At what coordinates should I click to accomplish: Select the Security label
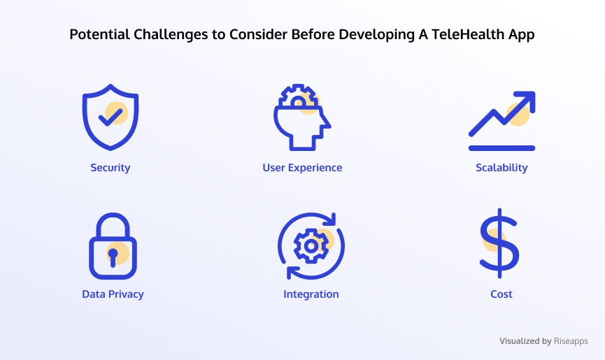111,168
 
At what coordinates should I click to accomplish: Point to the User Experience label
302,168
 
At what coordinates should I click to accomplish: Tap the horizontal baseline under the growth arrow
501,148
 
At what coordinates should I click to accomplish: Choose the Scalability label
501,168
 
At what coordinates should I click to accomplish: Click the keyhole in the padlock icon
113,257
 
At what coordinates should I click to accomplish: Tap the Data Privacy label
113,294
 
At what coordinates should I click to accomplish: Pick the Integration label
311,294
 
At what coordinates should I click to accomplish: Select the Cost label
501,294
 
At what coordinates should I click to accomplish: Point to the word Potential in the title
99,34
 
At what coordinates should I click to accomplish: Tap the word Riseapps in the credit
571,341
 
